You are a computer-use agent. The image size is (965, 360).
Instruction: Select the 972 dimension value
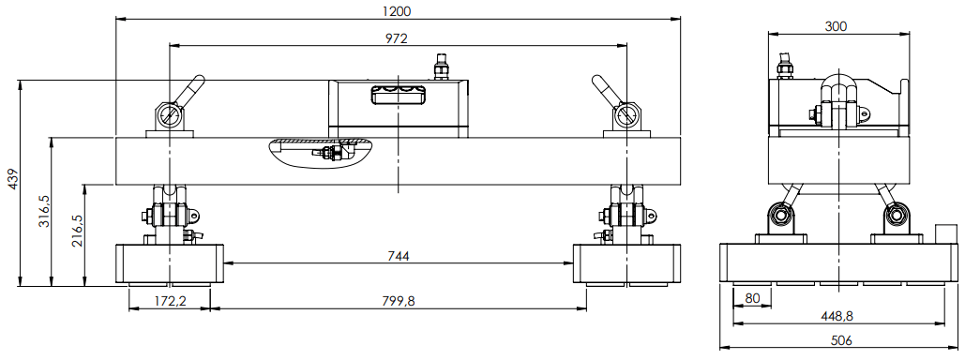pos(397,38)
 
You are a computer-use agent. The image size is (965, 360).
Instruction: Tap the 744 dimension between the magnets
pos(399,256)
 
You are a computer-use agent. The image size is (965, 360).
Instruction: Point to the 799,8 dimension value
pos(399,300)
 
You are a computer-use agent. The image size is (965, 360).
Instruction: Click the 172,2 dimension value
pos(169,300)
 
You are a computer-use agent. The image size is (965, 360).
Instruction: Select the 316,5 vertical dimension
pos(44,212)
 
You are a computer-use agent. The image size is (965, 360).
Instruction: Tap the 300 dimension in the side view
pos(837,26)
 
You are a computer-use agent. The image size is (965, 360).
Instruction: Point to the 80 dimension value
pos(752,298)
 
